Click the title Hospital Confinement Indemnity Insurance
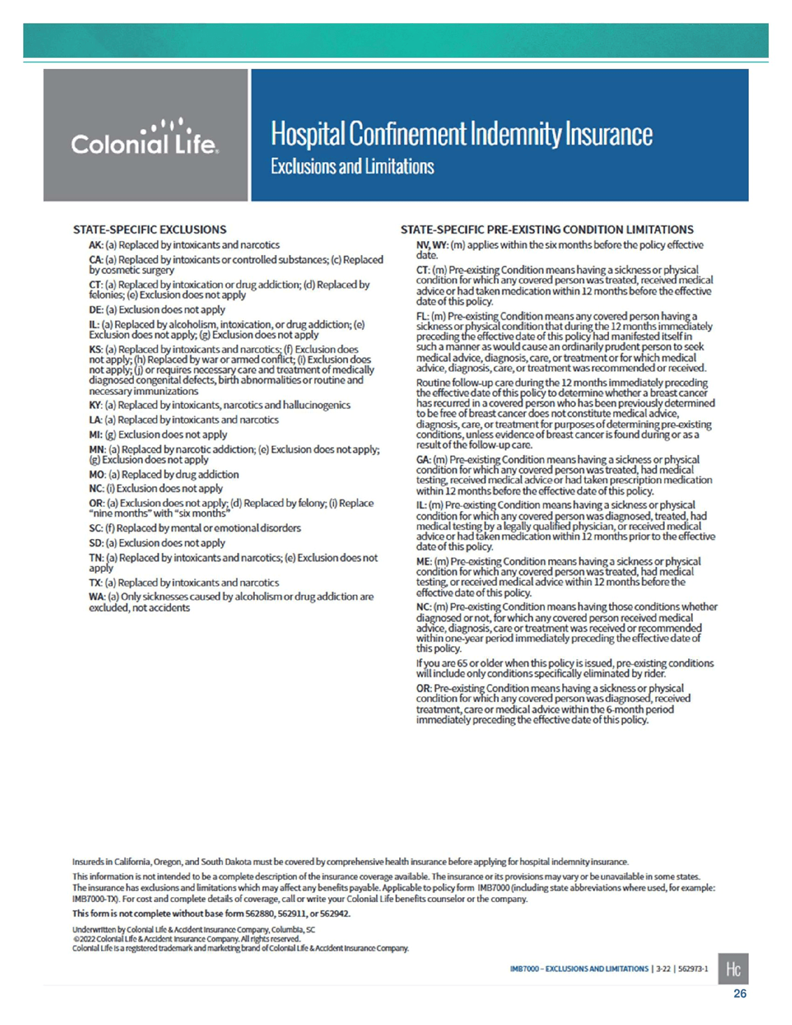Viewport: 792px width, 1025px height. [461, 133]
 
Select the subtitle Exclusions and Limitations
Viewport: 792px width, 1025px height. [352, 167]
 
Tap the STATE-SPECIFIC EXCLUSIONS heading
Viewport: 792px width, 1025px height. [150, 230]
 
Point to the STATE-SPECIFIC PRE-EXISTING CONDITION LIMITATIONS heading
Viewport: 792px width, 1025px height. [547, 230]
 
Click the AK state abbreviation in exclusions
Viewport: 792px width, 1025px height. [95, 245]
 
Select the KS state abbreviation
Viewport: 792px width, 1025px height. [95, 349]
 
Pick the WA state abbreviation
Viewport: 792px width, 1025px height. [96, 597]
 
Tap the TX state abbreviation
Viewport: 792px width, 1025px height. [95, 582]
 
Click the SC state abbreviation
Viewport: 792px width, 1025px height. [95, 528]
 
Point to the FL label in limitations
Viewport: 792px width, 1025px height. [422, 316]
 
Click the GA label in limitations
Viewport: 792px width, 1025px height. [423, 460]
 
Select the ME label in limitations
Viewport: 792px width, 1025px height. [424, 562]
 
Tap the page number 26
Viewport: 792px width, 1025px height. [739, 994]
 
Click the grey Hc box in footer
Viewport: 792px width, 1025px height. [733, 968]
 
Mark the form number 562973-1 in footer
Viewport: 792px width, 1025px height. [693, 969]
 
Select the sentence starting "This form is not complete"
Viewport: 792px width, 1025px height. [211, 914]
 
